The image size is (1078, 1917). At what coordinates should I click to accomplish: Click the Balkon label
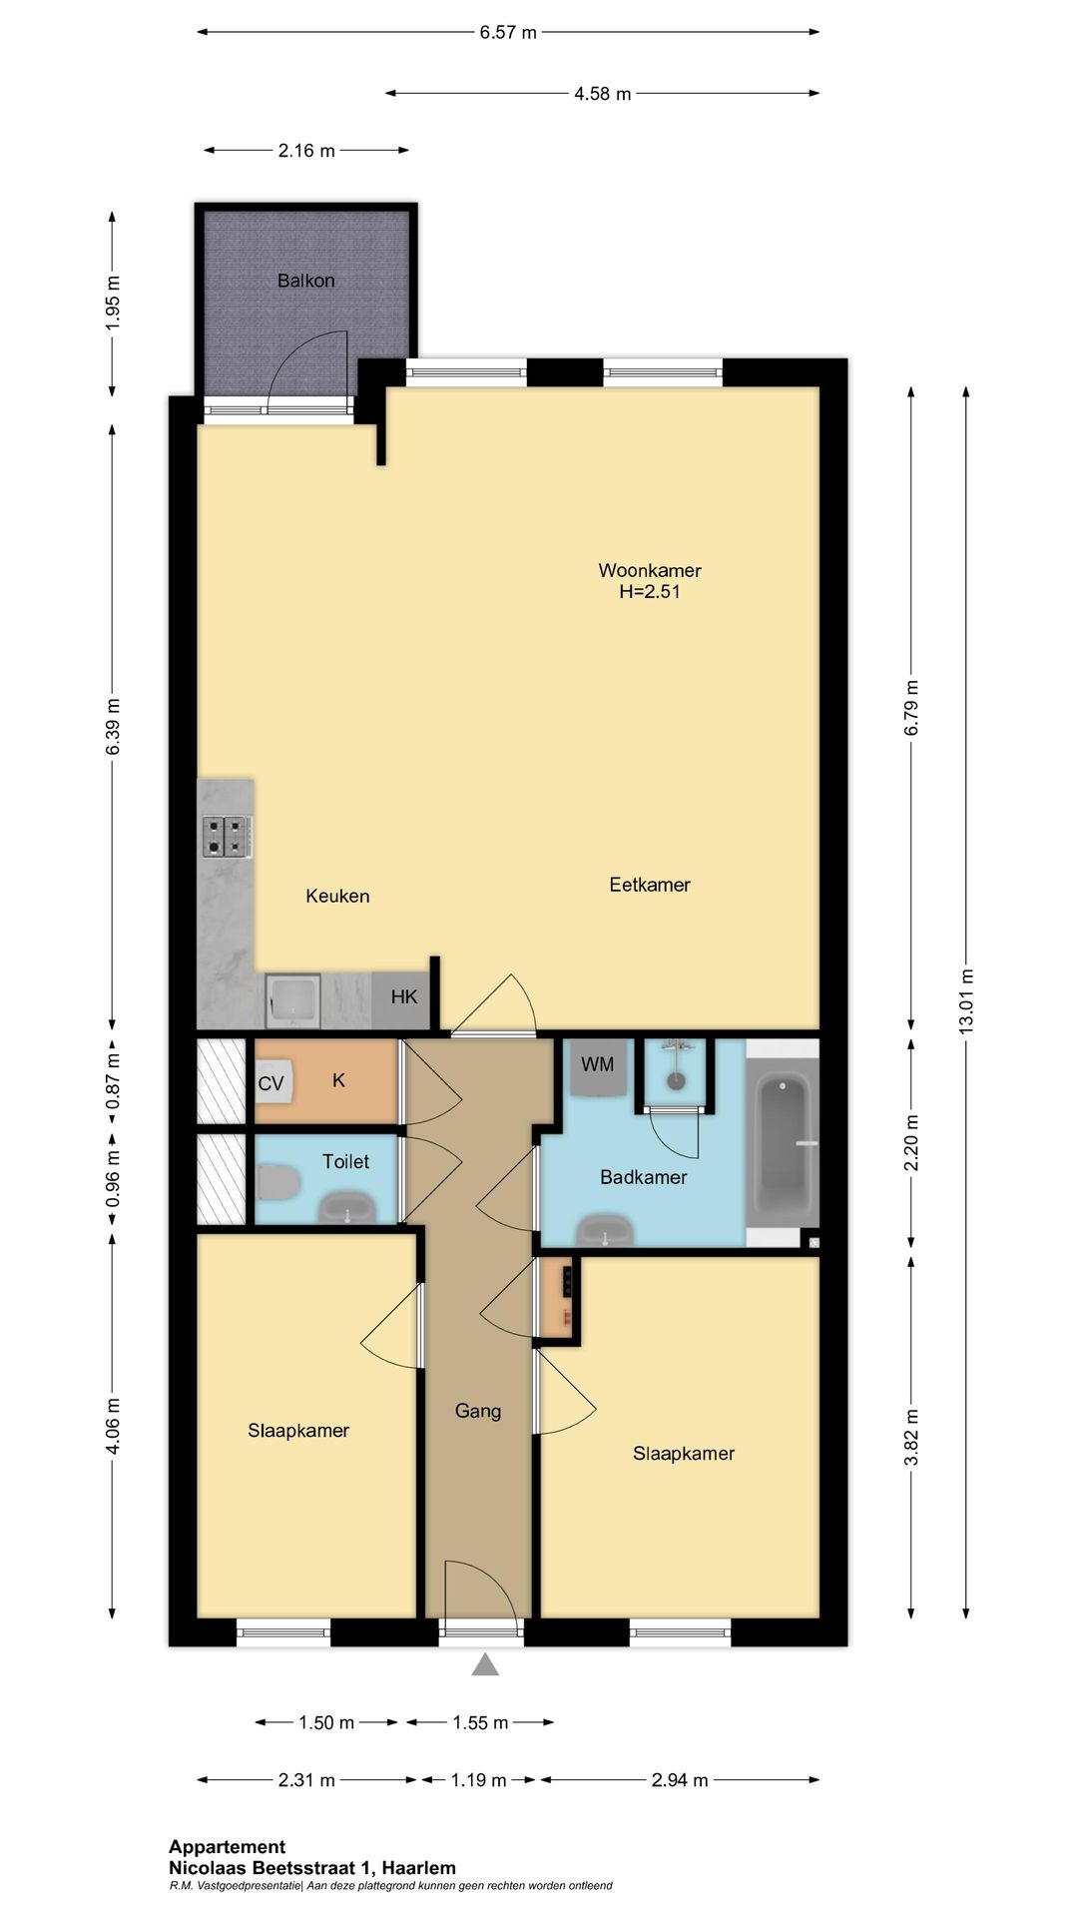pyautogui.click(x=305, y=281)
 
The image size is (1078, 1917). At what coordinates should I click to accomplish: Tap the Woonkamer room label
pyautogui.click(x=650, y=570)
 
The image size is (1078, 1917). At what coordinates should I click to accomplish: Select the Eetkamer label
pyautogui.click(x=650, y=885)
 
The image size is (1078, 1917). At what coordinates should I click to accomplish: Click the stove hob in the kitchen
pyautogui.click(x=227, y=837)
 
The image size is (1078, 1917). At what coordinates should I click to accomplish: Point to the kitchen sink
pyautogui.click(x=292, y=1000)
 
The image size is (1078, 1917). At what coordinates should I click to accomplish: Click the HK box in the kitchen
pyautogui.click(x=403, y=997)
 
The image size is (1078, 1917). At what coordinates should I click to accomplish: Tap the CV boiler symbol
pyautogui.click(x=272, y=1083)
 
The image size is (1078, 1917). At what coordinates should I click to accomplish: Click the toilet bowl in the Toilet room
pyautogui.click(x=278, y=1183)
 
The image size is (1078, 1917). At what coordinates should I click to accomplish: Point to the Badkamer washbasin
pyautogui.click(x=606, y=1230)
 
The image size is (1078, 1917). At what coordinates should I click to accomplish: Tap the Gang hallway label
pyautogui.click(x=477, y=1411)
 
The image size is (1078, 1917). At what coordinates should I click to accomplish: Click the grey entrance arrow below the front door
pyautogui.click(x=485, y=1664)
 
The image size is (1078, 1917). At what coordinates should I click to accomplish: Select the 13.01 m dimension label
pyautogui.click(x=965, y=1000)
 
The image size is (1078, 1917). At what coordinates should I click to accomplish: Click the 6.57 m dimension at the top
pyautogui.click(x=508, y=32)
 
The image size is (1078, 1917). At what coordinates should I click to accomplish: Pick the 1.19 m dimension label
pyautogui.click(x=478, y=1780)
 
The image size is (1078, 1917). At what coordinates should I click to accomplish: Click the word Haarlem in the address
pyautogui.click(x=419, y=1868)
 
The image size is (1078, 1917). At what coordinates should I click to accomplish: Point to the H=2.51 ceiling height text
pyautogui.click(x=650, y=591)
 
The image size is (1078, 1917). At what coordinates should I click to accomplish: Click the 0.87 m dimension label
pyautogui.click(x=113, y=1081)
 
